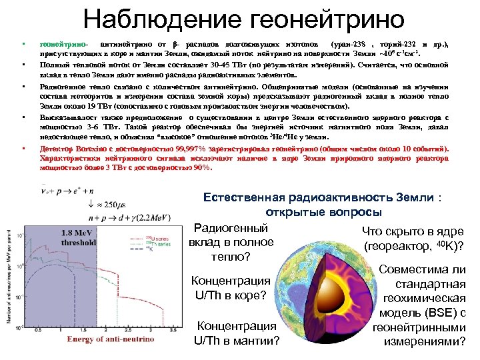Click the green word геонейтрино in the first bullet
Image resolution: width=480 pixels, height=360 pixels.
coord(62,44)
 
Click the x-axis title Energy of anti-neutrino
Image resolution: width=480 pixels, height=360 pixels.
coord(110,339)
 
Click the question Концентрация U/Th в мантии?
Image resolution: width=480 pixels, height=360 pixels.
coord(236,333)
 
